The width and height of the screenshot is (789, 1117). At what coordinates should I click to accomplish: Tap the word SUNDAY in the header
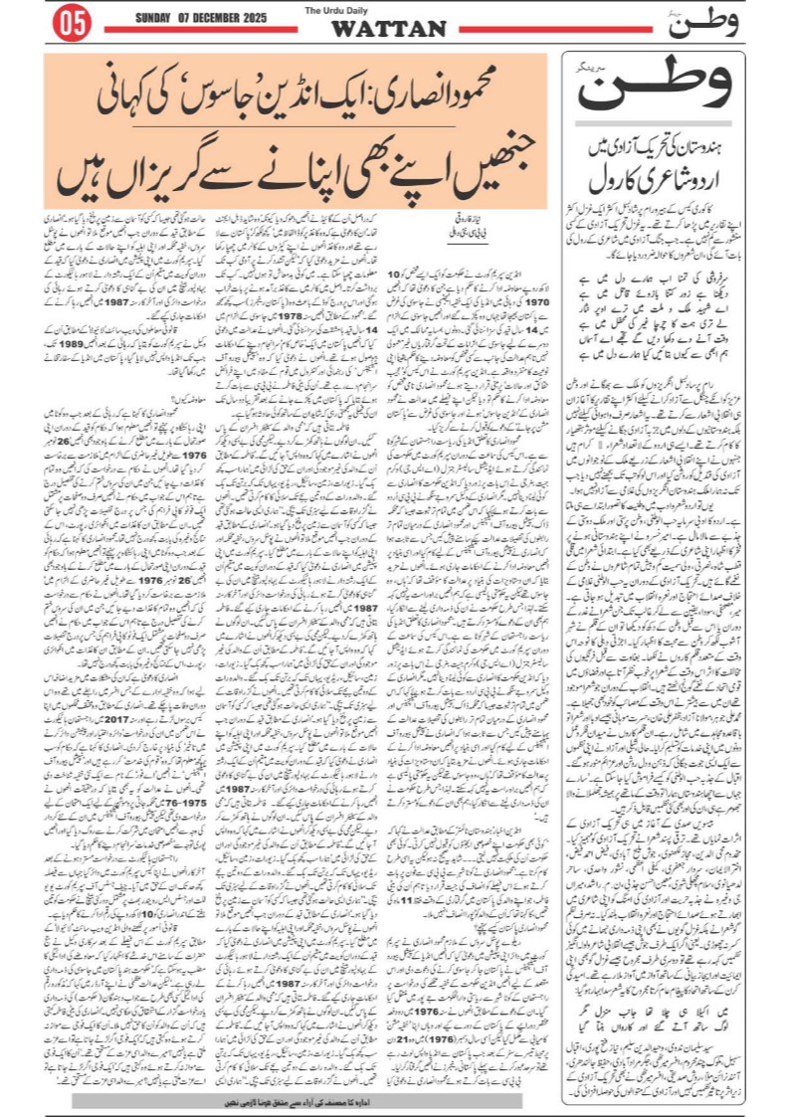click(154, 18)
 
